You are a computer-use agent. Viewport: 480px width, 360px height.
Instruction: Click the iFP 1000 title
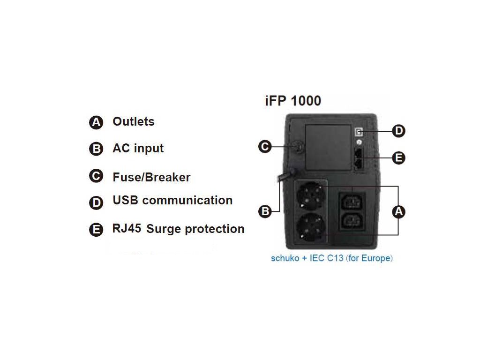pyautogui.click(x=293, y=101)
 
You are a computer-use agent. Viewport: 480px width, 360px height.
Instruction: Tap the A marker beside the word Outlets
pyautogui.click(x=96, y=122)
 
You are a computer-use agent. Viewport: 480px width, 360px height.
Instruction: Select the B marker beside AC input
pyautogui.click(x=96, y=149)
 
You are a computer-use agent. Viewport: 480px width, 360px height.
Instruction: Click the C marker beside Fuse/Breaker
pyautogui.click(x=96, y=176)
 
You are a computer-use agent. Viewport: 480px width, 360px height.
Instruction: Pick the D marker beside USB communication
pyautogui.click(x=96, y=202)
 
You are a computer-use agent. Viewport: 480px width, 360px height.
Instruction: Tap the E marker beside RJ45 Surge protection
pyautogui.click(x=96, y=229)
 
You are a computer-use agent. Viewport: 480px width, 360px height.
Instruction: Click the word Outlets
pyautogui.click(x=134, y=121)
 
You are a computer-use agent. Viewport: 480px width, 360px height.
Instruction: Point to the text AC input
pyautogui.click(x=138, y=148)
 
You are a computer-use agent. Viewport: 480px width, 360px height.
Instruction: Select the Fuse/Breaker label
pyautogui.click(x=151, y=177)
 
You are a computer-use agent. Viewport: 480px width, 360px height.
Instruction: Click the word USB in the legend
pyautogui.click(x=125, y=200)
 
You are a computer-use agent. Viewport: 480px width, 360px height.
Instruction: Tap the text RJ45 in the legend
pyautogui.click(x=127, y=228)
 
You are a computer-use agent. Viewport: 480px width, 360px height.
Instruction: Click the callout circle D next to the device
pyautogui.click(x=398, y=131)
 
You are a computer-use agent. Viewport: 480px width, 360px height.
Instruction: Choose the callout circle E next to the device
pyautogui.click(x=398, y=158)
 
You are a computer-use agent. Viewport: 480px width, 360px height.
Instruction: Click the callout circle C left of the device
pyautogui.click(x=265, y=147)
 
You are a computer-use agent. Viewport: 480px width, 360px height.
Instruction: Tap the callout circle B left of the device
pyautogui.click(x=265, y=211)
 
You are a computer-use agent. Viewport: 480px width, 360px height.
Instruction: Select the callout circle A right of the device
pyautogui.click(x=398, y=211)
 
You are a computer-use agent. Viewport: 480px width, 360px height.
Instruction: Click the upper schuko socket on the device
pyautogui.click(x=310, y=196)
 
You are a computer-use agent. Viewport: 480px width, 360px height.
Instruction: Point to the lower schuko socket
pyautogui.click(x=310, y=227)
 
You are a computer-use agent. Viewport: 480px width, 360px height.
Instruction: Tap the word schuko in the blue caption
pyautogui.click(x=285, y=258)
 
